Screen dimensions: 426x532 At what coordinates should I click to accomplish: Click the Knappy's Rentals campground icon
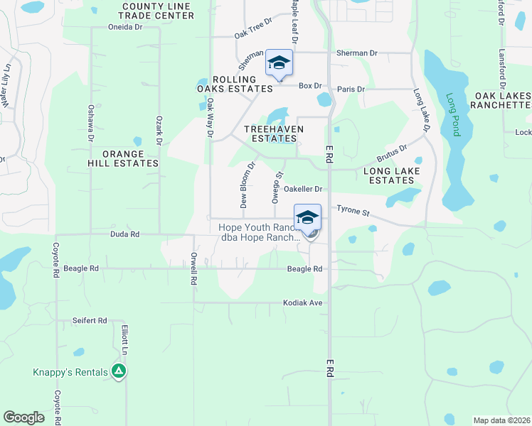pos(119,371)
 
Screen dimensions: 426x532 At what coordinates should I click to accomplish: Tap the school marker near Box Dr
pos(279,64)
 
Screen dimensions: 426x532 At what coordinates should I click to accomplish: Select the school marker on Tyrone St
pos(307,217)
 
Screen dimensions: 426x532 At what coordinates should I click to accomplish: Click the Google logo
pos(24,417)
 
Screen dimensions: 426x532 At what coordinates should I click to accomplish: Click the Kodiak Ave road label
pos(303,302)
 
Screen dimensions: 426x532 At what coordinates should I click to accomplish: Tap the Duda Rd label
pos(124,234)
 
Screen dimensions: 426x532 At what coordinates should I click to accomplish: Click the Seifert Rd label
pos(89,321)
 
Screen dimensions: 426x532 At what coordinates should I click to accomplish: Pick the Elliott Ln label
pos(124,342)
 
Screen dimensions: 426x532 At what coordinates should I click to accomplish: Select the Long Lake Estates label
pos(392,176)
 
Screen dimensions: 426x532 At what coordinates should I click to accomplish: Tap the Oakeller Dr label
pos(304,189)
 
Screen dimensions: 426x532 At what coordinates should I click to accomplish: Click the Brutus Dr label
pos(392,153)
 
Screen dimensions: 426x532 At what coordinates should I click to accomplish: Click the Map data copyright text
pos(501,420)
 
